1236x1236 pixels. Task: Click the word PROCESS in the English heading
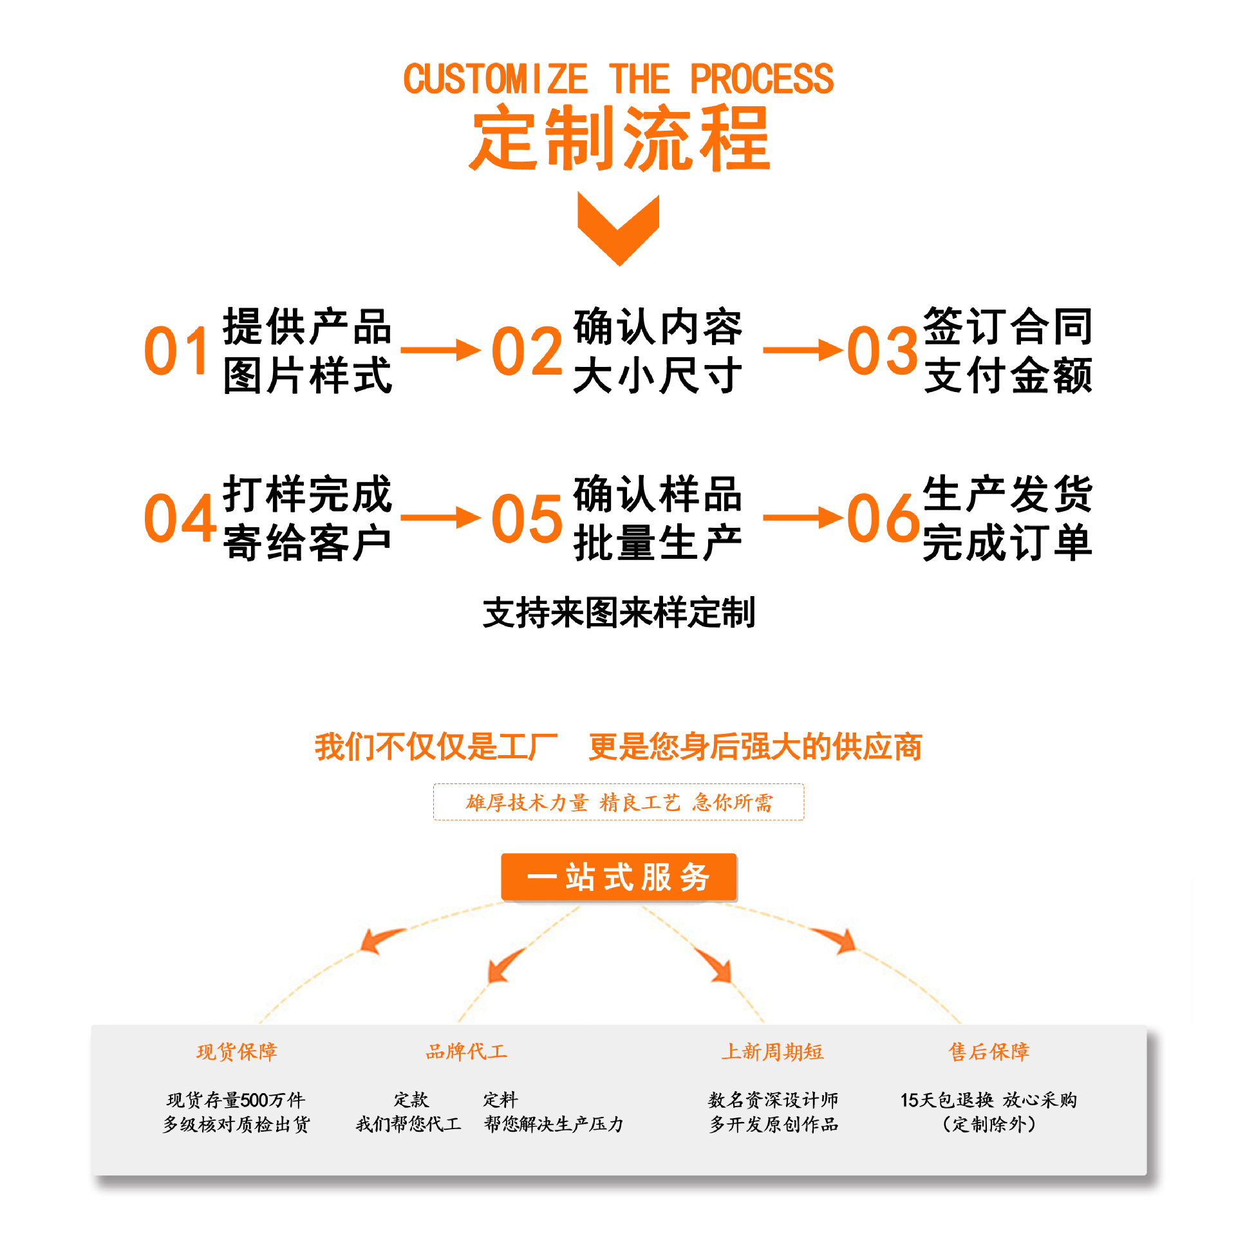point(762,79)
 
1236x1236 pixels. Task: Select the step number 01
point(176,351)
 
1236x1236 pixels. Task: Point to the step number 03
point(882,351)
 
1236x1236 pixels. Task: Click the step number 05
point(527,518)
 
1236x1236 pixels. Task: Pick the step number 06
point(883,518)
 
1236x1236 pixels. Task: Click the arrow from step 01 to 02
point(440,350)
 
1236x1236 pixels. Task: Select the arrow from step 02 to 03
point(802,350)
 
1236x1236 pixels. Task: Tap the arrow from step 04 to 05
point(440,518)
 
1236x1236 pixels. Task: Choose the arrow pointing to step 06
point(802,518)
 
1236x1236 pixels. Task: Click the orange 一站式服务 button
point(619,877)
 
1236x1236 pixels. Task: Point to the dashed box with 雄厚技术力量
point(619,802)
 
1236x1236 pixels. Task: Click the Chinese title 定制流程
point(620,139)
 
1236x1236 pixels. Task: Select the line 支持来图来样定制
point(619,612)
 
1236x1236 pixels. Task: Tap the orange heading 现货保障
point(237,1052)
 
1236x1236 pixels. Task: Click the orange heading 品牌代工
point(467,1052)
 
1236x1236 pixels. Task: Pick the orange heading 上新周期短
point(772,1052)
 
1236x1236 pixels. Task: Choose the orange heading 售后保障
point(989,1052)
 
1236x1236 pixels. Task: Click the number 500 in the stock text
point(254,1100)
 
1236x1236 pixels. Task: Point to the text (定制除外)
point(989,1124)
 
